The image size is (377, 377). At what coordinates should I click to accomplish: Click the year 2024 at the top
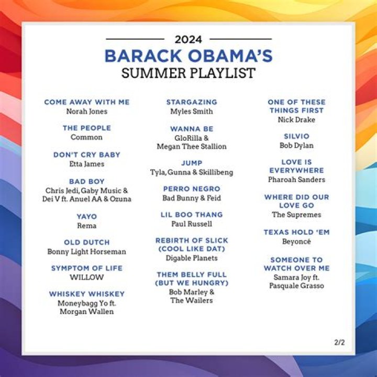(x=188, y=39)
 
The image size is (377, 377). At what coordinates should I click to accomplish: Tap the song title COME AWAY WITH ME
(x=87, y=102)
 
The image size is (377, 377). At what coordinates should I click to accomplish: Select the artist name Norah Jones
(x=87, y=112)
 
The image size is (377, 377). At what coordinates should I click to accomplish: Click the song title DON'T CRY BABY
(x=87, y=154)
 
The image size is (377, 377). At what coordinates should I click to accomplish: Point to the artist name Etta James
(x=87, y=164)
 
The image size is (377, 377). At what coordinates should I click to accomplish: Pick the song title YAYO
(x=87, y=216)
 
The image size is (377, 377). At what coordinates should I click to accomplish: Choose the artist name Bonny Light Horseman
(x=87, y=252)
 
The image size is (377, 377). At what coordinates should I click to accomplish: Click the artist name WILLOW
(x=87, y=277)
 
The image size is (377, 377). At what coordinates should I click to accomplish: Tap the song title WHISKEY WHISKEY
(x=87, y=294)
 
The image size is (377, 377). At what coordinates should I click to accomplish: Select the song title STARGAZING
(x=192, y=102)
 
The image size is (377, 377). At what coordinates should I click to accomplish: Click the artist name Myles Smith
(x=192, y=112)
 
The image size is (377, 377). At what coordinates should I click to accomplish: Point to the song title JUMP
(x=192, y=163)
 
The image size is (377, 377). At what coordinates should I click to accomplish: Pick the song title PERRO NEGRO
(x=192, y=188)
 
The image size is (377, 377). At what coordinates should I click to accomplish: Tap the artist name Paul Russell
(x=192, y=224)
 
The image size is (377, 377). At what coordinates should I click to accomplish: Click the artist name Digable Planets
(x=192, y=258)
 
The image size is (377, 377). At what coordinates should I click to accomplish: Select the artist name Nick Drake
(x=296, y=120)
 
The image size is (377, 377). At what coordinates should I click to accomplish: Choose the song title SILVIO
(x=296, y=136)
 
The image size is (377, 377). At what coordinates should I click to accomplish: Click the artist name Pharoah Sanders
(x=296, y=180)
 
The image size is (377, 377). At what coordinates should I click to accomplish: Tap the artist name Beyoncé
(x=296, y=241)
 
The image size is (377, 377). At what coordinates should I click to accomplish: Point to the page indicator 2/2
(x=340, y=342)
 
